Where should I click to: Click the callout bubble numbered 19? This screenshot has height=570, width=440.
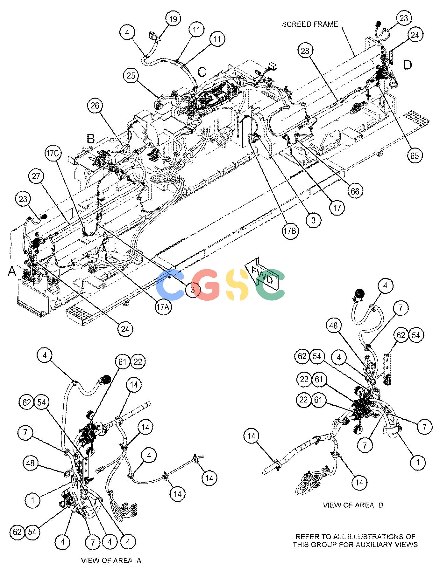[x=173, y=19]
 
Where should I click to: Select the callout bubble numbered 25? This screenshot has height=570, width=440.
[x=131, y=76]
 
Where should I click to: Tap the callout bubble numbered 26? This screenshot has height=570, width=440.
[x=95, y=106]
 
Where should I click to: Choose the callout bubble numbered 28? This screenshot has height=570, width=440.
[x=305, y=51]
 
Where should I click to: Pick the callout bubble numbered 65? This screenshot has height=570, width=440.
[x=415, y=155]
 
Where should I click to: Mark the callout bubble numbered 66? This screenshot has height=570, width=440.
[x=355, y=191]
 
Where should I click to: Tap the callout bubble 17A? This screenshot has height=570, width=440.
[x=163, y=307]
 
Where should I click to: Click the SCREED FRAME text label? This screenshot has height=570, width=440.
[x=310, y=24]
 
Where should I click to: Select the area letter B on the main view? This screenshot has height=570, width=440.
[x=91, y=139]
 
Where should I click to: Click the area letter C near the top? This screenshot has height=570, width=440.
[x=202, y=72]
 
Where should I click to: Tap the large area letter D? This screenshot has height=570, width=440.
[x=407, y=65]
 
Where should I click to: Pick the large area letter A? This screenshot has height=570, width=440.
[x=12, y=271]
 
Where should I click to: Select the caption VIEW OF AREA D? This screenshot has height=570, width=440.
[x=353, y=505]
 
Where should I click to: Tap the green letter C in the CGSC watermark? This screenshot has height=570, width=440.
[x=271, y=285]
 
